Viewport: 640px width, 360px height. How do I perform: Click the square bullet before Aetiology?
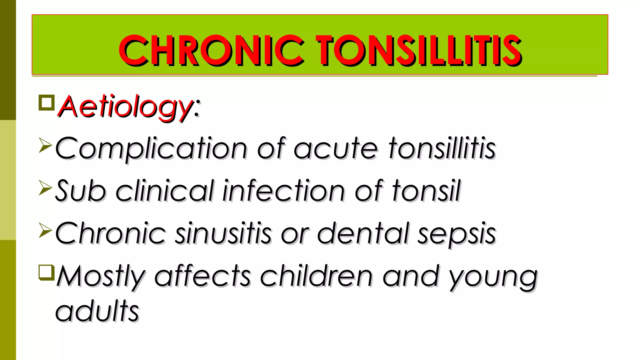[x=47, y=103]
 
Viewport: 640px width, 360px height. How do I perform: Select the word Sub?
[x=80, y=191]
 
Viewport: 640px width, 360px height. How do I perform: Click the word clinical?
[x=165, y=191]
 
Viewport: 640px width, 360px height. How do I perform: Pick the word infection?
[x=284, y=191]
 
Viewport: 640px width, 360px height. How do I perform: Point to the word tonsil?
[x=426, y=191]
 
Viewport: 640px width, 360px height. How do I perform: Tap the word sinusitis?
[x=223, y=233]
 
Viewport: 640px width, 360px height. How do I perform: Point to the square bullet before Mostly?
[x=47, y=272]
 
